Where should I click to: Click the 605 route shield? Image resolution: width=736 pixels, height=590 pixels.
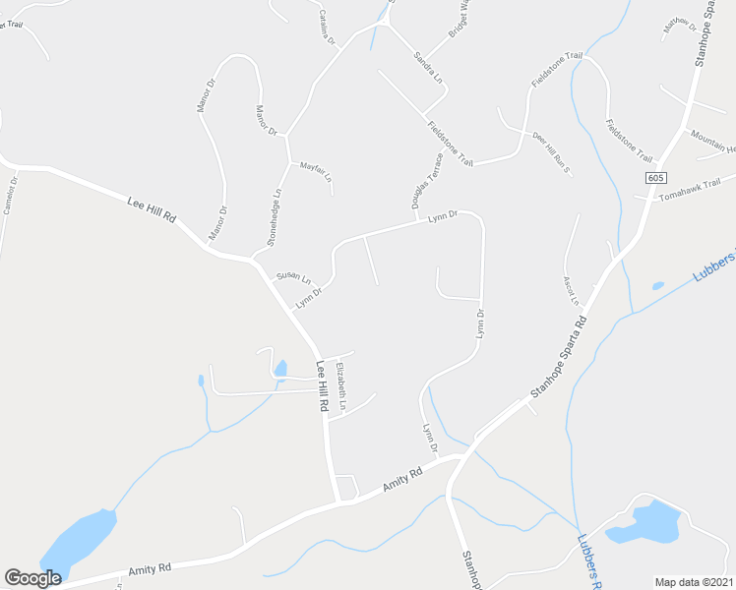click(655, 177)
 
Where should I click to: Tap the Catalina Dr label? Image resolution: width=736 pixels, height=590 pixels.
click(327, 27)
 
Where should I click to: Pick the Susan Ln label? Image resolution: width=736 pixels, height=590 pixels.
click(293, 277)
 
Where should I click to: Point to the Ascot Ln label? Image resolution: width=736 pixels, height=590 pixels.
click(570, 290)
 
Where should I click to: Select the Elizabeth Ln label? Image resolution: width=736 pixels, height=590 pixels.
click(342, 386)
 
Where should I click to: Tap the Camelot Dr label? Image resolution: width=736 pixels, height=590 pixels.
click(10, 194)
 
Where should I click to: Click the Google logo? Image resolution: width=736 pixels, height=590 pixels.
click(32, 577)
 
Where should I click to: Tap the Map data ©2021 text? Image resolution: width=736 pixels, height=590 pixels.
click(694, 582)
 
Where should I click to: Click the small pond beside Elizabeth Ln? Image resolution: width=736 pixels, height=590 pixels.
click(281, 369)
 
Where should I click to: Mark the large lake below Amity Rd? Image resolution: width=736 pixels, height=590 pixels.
click(75, 541)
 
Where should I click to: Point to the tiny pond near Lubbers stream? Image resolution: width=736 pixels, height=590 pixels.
click(657, 286)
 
